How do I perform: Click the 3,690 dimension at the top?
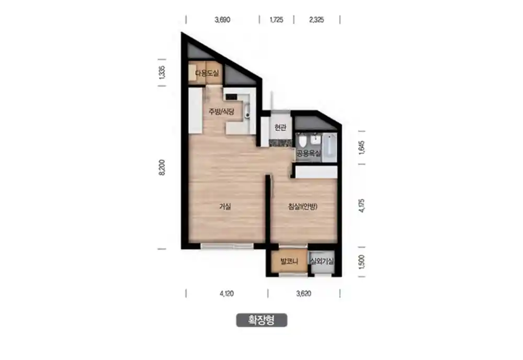click(222, 20)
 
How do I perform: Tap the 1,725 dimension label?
click(277, 20)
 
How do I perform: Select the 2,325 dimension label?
click(316, 20)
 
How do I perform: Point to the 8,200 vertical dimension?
click(162, 167)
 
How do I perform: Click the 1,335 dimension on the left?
click(162, 72)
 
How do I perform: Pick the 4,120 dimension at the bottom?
click(227, 294)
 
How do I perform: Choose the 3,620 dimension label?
click(303, 294)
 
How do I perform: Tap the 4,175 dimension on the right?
click(362, 206)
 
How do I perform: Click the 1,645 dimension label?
click(362, 148)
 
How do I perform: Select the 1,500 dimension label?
click(362, 262)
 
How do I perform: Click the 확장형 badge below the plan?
click(261, 320)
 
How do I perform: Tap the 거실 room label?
click(225, 207)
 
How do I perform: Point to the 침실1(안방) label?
click(303, 207)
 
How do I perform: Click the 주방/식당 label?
click(221, 111)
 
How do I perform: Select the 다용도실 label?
click(207, 73)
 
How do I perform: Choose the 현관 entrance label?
click(280, 127)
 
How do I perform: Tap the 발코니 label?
click(289, 261)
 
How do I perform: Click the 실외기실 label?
click(322, 261)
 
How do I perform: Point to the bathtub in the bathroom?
click(329, 147)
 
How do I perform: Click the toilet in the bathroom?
click(302, 141)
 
